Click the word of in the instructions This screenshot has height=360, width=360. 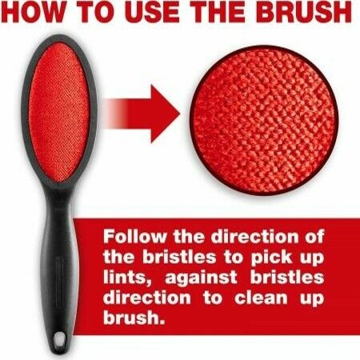(314, 238)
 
